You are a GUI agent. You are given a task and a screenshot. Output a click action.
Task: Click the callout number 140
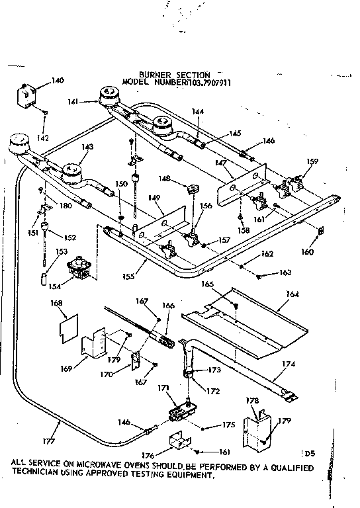click(58, 81)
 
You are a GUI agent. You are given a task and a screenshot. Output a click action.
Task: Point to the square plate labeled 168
click(67, 329)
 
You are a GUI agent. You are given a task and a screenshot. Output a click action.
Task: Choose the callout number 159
click(312, 161)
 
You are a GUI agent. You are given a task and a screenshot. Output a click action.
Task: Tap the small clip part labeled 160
click(321, 230)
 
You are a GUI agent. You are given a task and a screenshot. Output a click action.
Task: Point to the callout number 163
click(285, 273)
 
